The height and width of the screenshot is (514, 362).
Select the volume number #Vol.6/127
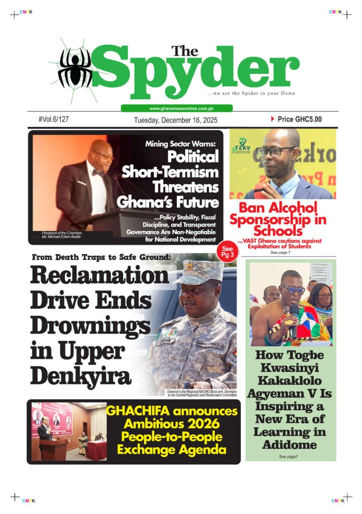click(53, 119)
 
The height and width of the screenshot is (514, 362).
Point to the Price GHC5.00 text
click(299, 119)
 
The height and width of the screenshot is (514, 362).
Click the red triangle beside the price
click(273, 119)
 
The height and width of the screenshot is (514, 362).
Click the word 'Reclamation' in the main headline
click(99, 276)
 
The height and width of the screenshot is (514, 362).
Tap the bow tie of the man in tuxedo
click(98, 173)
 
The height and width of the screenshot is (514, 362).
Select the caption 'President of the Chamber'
click(62, 232)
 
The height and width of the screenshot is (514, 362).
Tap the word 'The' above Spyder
click(185, 51)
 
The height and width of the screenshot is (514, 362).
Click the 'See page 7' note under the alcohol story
click(281, 252)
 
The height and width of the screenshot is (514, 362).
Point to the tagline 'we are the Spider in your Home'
click(252, 93)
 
